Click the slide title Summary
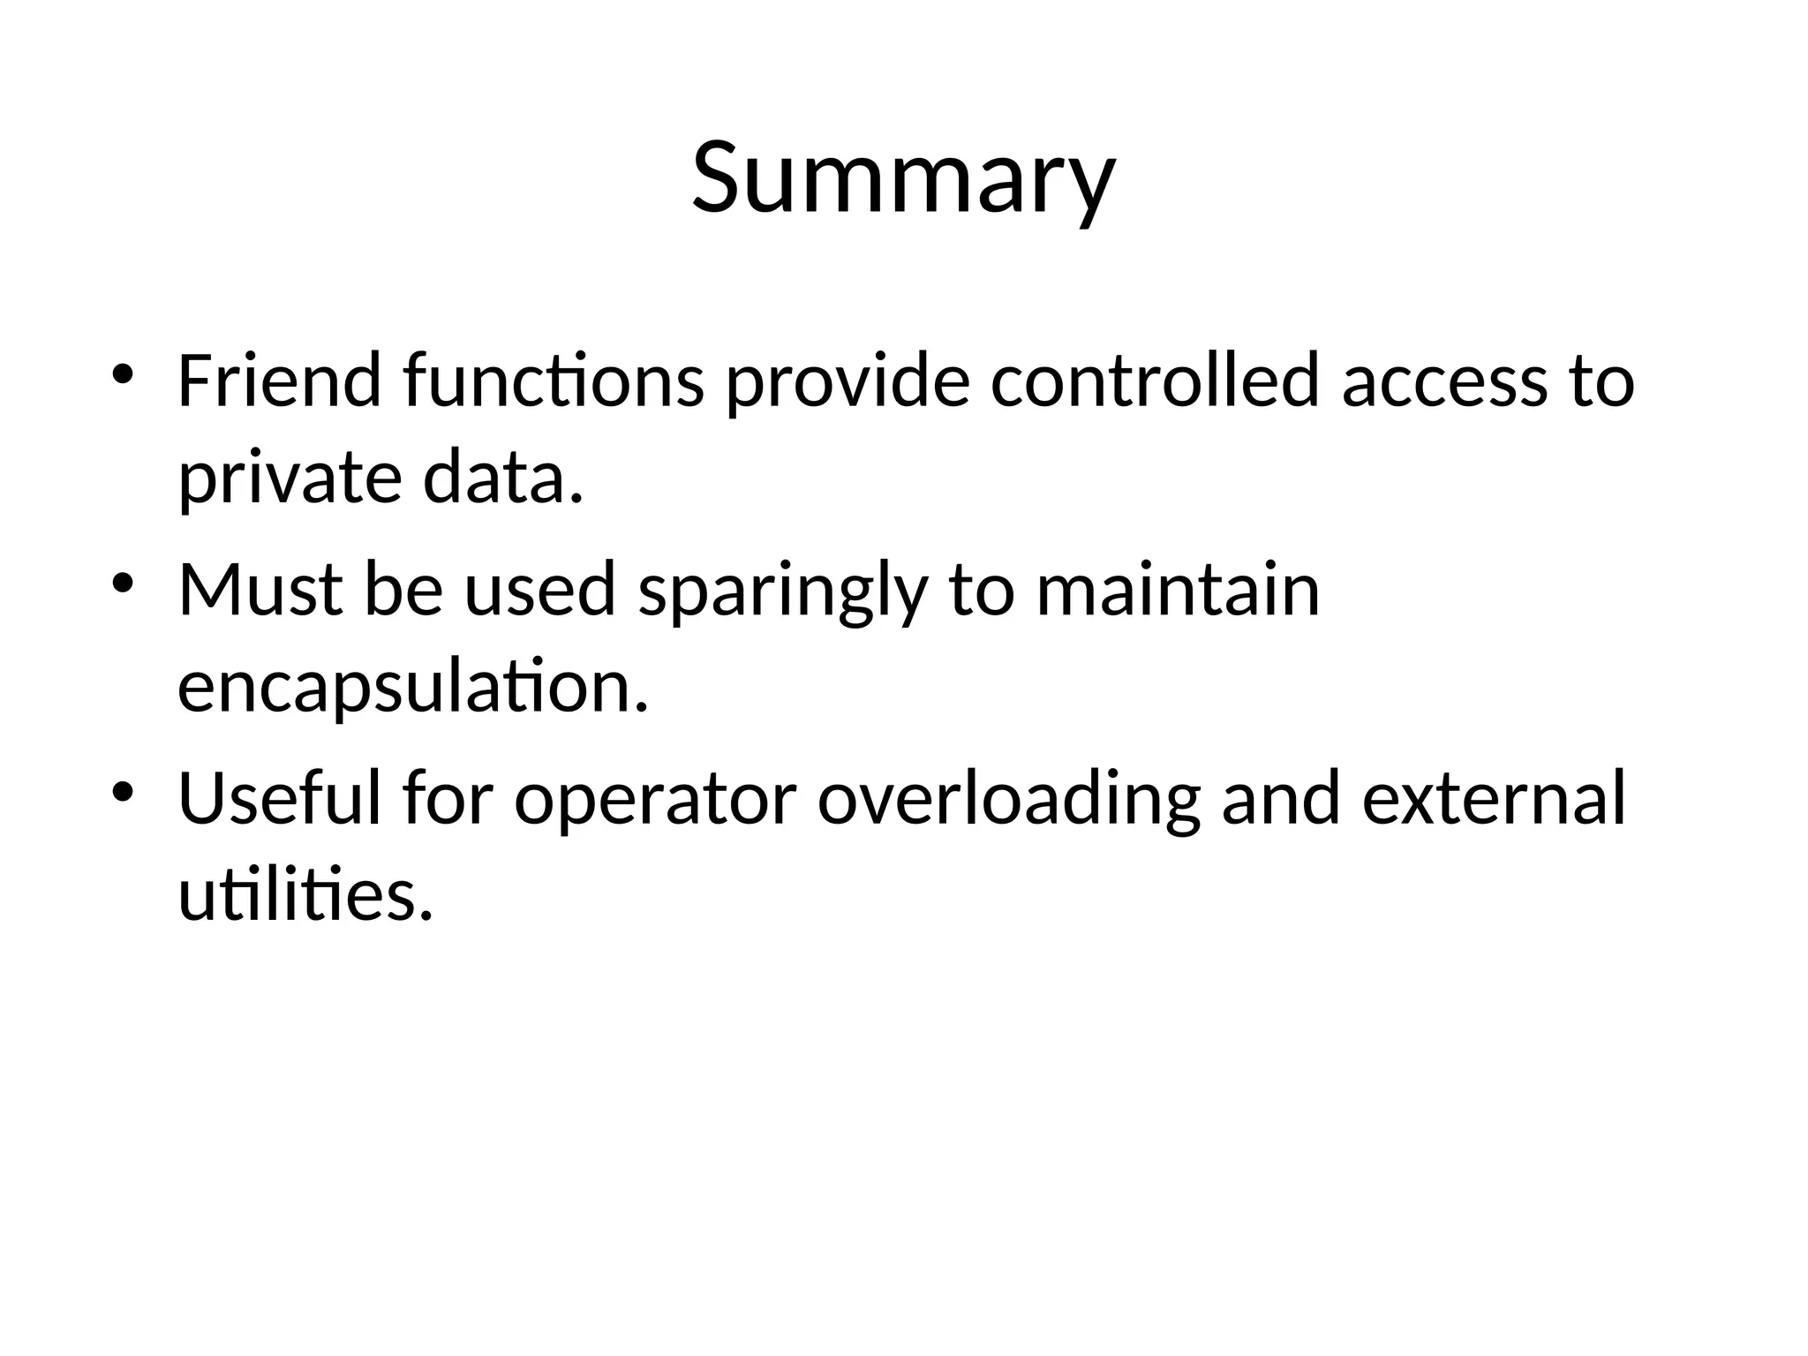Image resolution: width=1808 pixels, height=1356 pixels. click(903, 179)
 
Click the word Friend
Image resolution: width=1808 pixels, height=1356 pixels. click(280, 381)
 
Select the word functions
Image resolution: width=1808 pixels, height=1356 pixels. click(554, 381)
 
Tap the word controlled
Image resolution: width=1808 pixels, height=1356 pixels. click(1155, 381)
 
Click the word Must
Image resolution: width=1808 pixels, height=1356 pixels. click(260, 590)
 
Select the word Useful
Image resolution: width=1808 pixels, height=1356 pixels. click(280, 798)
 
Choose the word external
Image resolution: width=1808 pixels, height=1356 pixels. click(1493, 798)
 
